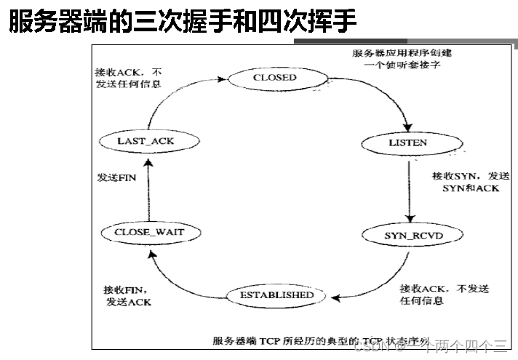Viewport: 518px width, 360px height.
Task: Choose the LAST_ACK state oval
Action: tap(146, 140)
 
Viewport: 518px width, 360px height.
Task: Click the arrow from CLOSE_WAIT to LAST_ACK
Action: tap(147, 186)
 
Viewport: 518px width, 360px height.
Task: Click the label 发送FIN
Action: tap(116, 177)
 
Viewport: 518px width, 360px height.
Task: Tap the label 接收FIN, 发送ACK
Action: tap(128, 296)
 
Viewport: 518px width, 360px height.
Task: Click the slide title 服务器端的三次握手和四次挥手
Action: tap(182, 22)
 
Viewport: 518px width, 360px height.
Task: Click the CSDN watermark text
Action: tap(432, 348)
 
